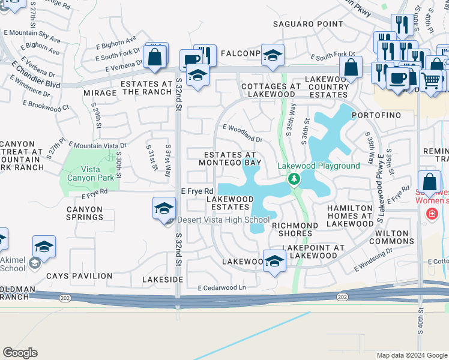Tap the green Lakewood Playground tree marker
click(x=294, y=179)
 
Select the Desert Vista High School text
click(x=223, y=220)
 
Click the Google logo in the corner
click(x=20, y=353)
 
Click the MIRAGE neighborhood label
click(x=100, y=93)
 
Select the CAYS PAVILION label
click(x=79, y=276)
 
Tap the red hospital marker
click(x=430, y=214)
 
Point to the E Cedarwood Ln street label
click(x=222, y=288)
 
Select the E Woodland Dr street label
click(x=243, y=133)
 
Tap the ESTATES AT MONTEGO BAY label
click(x=230, y=158)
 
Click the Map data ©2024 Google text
click(x=411, y=355)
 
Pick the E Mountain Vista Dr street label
click(x=97, y=145)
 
